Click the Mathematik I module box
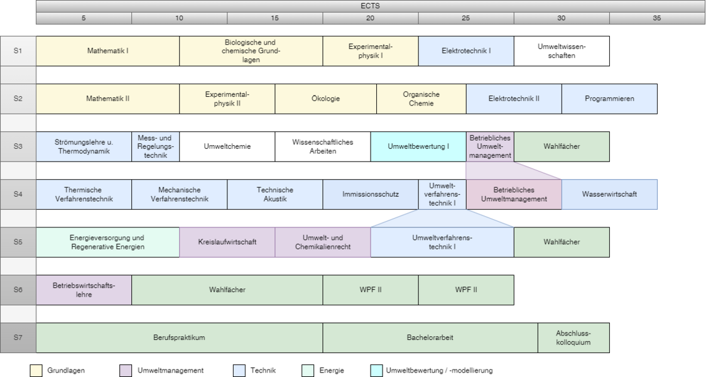coord(107,51)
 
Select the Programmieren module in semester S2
coord(609,99)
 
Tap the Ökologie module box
coord(325,99)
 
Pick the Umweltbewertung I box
coord(418,146)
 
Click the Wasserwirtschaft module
coord(609,194)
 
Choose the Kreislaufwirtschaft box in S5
coord(227,242)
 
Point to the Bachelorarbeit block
coord(430,337)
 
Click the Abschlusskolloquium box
coord(573,337)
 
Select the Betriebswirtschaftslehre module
coord(84,290)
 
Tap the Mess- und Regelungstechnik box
coord(155,146)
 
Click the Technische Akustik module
coord(274,194)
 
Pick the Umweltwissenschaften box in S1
coord(562,51)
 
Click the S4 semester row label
coord(18,194)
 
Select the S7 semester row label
coord(18,337)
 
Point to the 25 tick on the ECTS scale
coord(465,18)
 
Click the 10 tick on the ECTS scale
coord(179,18)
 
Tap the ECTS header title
coord(370,6)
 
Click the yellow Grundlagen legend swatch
coord(36,371)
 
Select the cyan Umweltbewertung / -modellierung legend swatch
coord(376,371)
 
